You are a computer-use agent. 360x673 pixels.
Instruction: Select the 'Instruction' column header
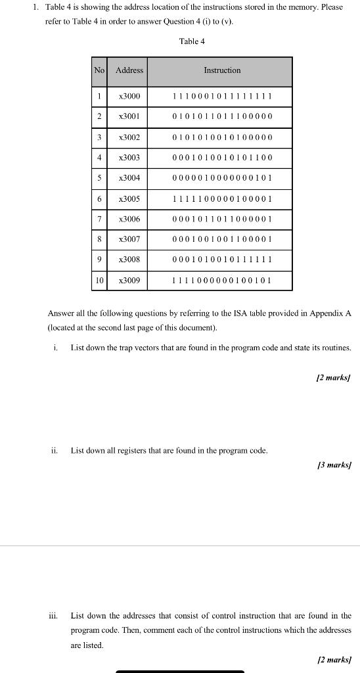pyautogui.click(x=222, y=70)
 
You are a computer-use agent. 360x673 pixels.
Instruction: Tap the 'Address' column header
pyautogui.click(x=129, y=70)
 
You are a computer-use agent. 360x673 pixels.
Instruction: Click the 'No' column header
pyautogui.click(x=99, y=70)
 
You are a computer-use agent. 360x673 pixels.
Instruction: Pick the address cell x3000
pyautogui.click(x=129, y=97)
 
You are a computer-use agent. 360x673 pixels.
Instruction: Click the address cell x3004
pyautogui.click(x=129, y=178)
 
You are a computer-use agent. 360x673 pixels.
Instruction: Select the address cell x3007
pyautogui.click(x=129, y=239)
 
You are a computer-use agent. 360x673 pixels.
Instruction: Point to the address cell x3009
pyautogui.click(x=129, y=281)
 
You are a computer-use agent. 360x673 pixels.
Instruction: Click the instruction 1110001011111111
pyautogui.click(x=222, y=97)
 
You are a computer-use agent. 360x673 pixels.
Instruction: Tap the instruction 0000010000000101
pyautogui.click(x=222, y=178)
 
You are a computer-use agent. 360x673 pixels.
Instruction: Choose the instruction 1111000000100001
pyautogui.click(x=222, y=198)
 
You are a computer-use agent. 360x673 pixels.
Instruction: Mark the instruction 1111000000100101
pyautogui.click(x=222, y=281)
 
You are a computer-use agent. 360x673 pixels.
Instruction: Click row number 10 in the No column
pyautogui.click(x=99, y=281)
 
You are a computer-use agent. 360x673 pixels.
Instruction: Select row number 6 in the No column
pyautogui.click(x=99, y=198)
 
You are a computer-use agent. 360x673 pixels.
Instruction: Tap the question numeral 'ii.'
pyautogui.click(x=55, y=451)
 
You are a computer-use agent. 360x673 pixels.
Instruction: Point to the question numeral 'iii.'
pyautogui.click(x=54, y=616)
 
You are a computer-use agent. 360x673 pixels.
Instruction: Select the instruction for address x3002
pyautogui.click(x=222, y=138)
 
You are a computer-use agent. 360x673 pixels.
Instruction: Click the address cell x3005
pyautogui.click(x=129, y=198)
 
